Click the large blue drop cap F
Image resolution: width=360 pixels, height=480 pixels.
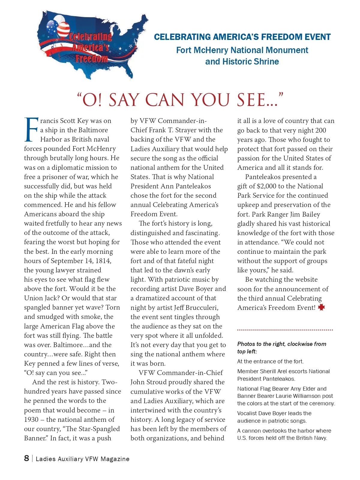click(x=31, y=130)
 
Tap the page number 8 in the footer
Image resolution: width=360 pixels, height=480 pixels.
click(x=27, y=458)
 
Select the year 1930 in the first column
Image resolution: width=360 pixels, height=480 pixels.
click(x=31, y=419)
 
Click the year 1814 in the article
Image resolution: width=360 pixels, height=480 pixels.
click(x=103, y=261)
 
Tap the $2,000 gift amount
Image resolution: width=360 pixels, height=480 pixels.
click(x=267, y=186)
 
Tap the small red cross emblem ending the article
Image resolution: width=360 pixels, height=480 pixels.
click(x=321, y=307)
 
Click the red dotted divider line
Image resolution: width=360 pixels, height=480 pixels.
click(x=285, y=330)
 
